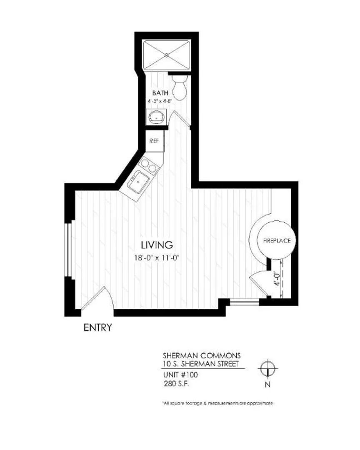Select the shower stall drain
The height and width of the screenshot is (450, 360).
167,55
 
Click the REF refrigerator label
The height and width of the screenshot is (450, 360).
154,141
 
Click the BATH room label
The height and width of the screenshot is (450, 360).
160,93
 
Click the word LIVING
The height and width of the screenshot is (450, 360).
157,244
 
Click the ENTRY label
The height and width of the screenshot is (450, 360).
98,327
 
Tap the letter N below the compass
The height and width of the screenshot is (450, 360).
267,385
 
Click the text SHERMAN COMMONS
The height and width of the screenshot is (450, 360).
201,356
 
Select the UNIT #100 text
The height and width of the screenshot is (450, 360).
180,375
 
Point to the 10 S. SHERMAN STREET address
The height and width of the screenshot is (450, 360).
201,365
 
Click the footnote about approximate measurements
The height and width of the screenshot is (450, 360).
217,403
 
